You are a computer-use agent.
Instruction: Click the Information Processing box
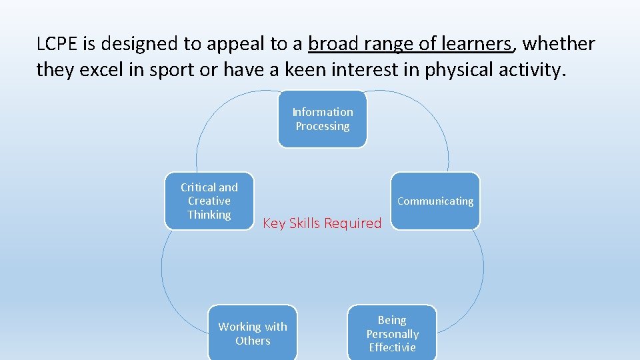pyautogui.click(x=322, y=119)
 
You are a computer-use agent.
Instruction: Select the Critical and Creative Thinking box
pyautogui.click(x=209, y=201)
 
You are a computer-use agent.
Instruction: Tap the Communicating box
pyautogui.click(x=435, y=201)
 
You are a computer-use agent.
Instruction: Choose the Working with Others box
pyautogui.click(x=253, y=333)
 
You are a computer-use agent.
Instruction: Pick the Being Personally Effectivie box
pyautogui.click(x=392, y=333)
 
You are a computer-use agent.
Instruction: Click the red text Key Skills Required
pyautogui.click(x=322, y=223)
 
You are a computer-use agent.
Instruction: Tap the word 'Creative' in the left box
pyautogui.click(x=209, y=201)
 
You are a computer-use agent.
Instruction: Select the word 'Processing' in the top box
pyautogui.click(x=322, y=126)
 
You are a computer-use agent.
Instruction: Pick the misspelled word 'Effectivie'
pyautogui.click(x=392, y=347)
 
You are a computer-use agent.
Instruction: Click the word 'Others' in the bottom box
pyautogui.click(x=253, y=341)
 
